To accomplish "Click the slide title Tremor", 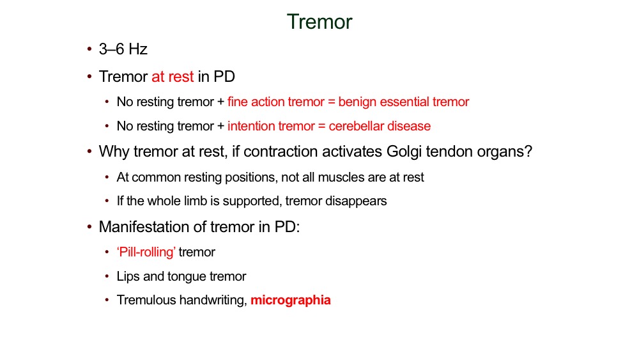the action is pyautogui.click(x=319, y=22).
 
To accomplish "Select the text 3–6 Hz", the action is pyautogui.click(x=123, y=49).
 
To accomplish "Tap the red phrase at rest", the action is pyautogui.click(x=173, y=77).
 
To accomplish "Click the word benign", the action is pyautogui.click(x=357, y=102).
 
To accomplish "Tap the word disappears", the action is pyautogui.click(x=356, y=201).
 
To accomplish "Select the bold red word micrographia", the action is pyautogui.click(x=291, y=301).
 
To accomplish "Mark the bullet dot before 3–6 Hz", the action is pyautogui.click(x=89, y=49).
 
